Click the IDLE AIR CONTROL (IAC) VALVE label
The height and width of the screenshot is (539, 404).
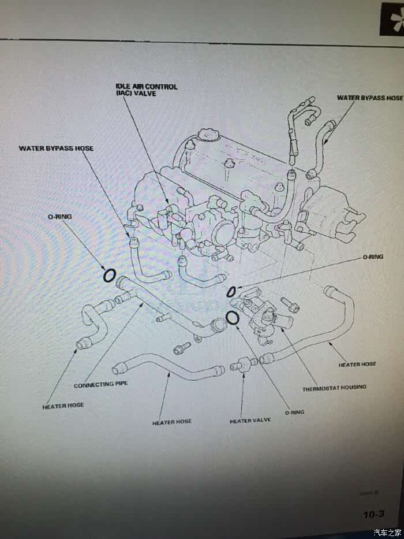point(145,90)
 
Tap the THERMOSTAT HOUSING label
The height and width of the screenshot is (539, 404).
point(334,387)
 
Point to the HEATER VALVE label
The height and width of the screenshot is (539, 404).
point(250,420)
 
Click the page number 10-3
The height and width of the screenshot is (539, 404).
point(373,514)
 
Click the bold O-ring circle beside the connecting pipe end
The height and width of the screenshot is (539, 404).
point(109,276)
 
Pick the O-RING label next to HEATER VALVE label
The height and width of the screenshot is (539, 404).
point(294,412)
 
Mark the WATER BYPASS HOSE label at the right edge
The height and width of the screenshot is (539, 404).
point(369,98)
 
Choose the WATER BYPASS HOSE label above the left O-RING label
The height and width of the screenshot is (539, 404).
point(55,148)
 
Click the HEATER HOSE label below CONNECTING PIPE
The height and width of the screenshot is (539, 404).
point(63,406)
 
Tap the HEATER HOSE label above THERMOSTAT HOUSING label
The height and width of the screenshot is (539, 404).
point(357,364)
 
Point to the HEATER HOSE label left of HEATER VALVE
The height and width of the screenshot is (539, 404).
point(171,422)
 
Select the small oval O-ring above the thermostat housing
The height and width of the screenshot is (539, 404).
point(232,290)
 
